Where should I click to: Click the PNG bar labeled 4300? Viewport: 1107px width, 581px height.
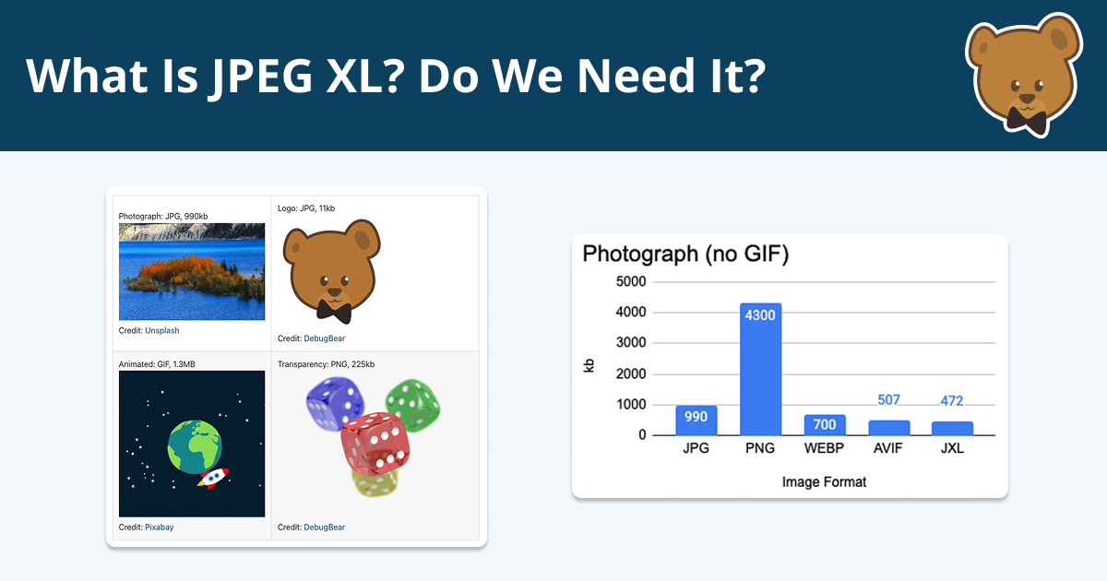pyautogui.click(x=760, y=369)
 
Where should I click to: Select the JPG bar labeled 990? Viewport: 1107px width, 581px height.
pyautogui.click(x=696, y=421)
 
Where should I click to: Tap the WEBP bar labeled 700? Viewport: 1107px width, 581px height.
pyautogui.click(x=825, y=425)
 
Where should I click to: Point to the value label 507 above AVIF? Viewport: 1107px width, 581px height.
pyautogui.click(x=888, y=399)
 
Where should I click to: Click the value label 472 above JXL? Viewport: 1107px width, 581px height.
pyautogui.click(x=952, y=400)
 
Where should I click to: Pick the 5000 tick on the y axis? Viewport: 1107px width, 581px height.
pyautogui.click(x=631, y=281)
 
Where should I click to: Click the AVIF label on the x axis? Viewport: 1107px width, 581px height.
pyautogui.click(x=888, y=448)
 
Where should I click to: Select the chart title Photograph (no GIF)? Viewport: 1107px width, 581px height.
pyautogui.click(x=685, y=254)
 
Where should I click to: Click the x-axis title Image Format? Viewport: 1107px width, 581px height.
pyautogui.click(x=824, y=481)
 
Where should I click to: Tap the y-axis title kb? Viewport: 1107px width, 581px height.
pyautogui.click(x=589, y=365)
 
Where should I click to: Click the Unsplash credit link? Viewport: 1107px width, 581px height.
pyautogui.click(x=162, y=330)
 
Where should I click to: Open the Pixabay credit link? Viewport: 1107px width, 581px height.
pyautogui.click(x=159, y=528)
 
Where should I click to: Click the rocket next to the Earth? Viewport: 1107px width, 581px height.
pyautogui.click(x=213, y=478)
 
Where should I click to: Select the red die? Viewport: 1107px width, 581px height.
pyautogui.click(x=375, y=444)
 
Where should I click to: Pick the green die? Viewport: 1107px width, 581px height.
pyautogui.click(x=412, y=405)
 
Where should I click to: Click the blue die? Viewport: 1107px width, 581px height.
pyautogui.click(x=335, y=404)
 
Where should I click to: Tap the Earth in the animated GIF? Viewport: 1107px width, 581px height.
pyautogui.click(x=195, y=446)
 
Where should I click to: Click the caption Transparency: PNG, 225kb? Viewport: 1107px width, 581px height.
pyautogui.click(x=327, y=364)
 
